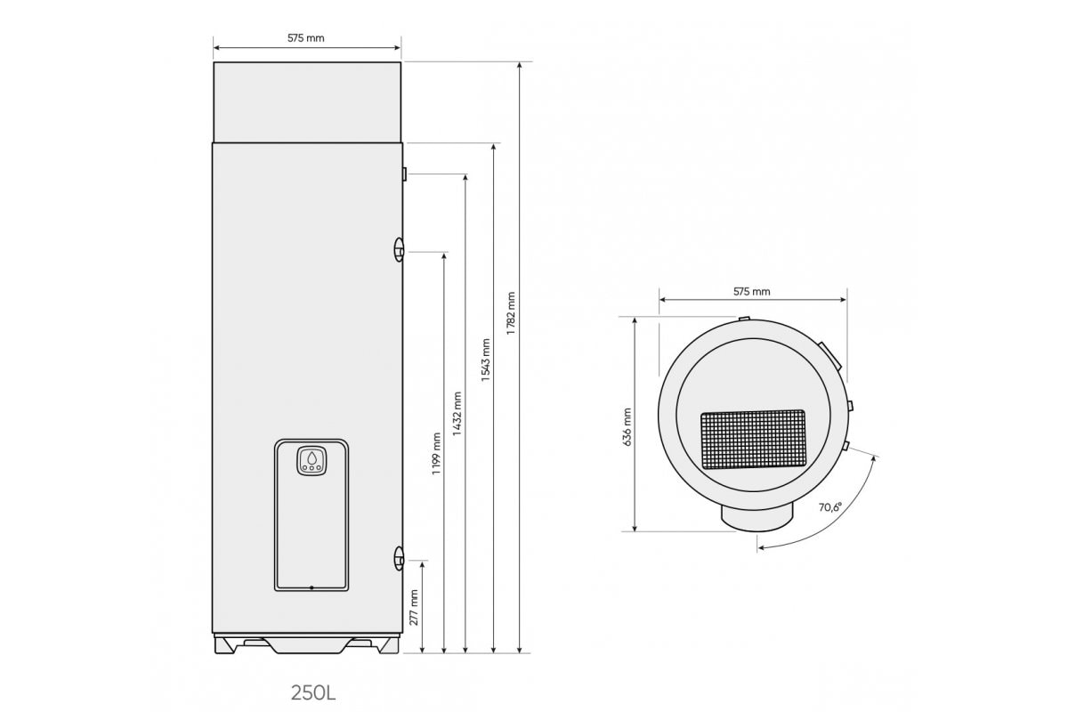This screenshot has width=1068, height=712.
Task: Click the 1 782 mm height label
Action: (511, 313)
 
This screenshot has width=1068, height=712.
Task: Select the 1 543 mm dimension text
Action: (485, 360)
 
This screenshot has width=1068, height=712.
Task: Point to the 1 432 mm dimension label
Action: (457, 414)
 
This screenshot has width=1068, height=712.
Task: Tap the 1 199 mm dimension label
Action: (436, 454)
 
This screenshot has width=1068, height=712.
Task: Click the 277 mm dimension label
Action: (414, 608)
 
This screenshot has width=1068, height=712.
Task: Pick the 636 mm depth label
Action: (627, 427)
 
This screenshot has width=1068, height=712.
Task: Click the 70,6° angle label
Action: (830, 507)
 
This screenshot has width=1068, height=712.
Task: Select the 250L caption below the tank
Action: (313, 693)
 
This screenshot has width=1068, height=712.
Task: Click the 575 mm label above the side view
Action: (305, 38)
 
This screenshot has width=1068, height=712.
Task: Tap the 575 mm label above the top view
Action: (752, 291)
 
